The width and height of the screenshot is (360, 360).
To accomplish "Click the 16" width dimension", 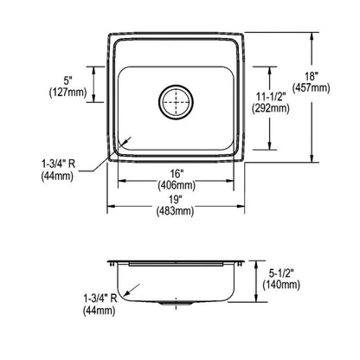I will [x=176, y=171].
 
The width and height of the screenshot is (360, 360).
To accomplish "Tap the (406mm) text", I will [x=176, y=183].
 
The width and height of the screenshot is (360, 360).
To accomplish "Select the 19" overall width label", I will [x=176, y=198].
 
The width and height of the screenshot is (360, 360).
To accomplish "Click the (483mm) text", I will [x=176, y=210].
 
